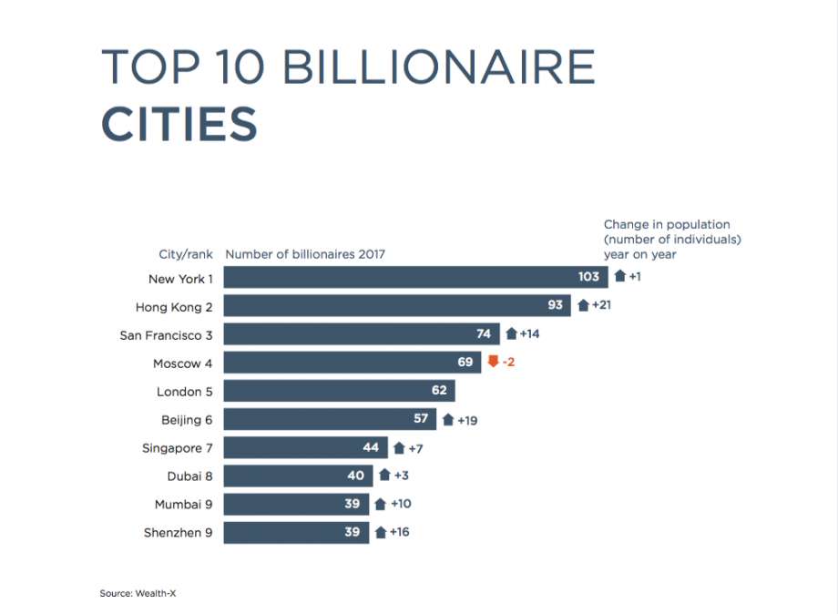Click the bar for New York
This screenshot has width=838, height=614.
[x=414, y=277]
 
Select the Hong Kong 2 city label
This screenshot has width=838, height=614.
[x=174, y=306]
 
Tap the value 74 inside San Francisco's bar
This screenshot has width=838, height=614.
[x=483, y=333]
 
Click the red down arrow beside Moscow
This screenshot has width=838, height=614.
[x=493, y=362]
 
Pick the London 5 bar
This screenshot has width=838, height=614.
[x=339, y=391]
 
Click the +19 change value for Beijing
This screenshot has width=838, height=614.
[x=467, y=420]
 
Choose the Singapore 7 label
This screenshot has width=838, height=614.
[x=178, y=448]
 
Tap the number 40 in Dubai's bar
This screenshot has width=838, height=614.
[x=355, y=476]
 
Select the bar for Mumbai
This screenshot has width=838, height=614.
[x=296, y=504]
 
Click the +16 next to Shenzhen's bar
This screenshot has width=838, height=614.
[x=399, y=532]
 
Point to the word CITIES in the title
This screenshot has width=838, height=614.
[x=179, y=124]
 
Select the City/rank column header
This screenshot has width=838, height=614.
[x=186, y=254]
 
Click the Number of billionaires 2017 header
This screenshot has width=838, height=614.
[x=305, y=254]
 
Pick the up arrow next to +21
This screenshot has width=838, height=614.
[x=583, y=305]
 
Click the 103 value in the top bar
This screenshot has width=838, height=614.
[x=588, y=277]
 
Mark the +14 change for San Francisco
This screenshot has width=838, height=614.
[x=529, y=333]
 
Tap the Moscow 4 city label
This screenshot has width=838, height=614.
[x=182, y=363]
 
